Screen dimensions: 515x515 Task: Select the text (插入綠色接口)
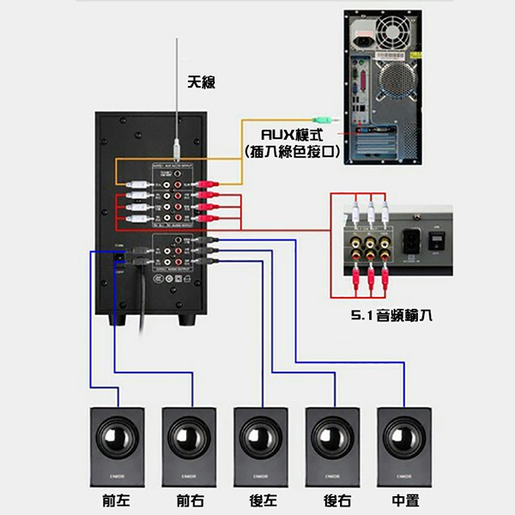click(x=292, y=152)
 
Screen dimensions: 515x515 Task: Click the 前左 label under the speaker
click(x=114, y=500)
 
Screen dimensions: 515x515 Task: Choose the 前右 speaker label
click(x=185, y=500)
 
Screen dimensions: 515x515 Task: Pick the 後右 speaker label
click(x=331, y=500)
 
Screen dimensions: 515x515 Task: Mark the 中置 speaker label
click(x=403, y=500)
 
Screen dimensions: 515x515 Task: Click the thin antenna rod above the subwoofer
click(x=175, y=94)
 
